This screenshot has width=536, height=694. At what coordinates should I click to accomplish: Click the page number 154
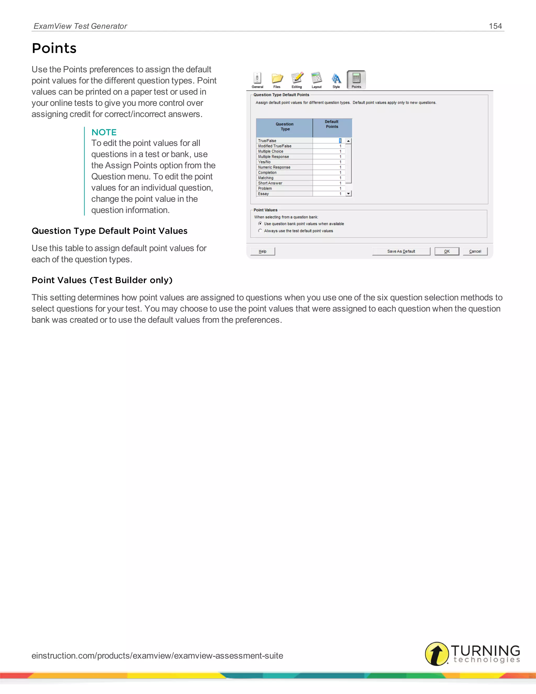[x=495, y=26]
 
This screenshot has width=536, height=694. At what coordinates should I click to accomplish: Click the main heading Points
[x=54, y=48]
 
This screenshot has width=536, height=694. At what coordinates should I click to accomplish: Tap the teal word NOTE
[x=104, y=132]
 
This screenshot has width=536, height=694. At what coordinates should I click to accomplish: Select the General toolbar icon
[x=257, y=78]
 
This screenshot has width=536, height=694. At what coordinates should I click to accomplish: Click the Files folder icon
[x=277, y=78]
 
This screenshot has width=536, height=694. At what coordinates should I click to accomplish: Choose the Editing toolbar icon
[x=297, y=78]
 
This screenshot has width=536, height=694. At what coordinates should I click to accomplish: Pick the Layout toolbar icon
[x=317, y=78]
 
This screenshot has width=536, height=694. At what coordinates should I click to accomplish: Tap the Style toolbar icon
[x=336, y=78]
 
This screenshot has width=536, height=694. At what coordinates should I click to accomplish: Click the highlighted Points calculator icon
[x=356, y=78]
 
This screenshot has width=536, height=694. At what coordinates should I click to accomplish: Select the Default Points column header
[x=332, y=124]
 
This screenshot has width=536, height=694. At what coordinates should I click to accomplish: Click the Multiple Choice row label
[x=271, y=152]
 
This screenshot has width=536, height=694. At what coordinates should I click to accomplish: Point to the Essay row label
[x=264, y=194]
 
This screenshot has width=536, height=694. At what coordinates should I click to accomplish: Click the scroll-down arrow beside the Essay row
[x=349, y=194]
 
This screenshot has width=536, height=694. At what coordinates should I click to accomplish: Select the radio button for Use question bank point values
[x=260, y=224]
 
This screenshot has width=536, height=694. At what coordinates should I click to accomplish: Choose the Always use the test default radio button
[x=260, y=231]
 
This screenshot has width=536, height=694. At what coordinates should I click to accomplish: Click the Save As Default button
[x=401, y=251]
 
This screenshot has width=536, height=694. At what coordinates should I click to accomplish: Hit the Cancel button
[x=475, y=251]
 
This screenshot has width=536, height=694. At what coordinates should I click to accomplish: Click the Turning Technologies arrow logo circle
[x=437, y=654]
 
